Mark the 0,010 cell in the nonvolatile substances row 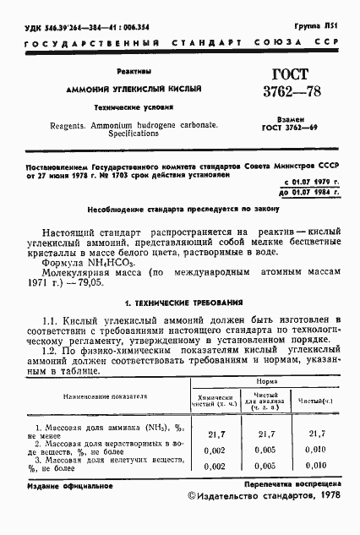[x=317, y=466]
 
